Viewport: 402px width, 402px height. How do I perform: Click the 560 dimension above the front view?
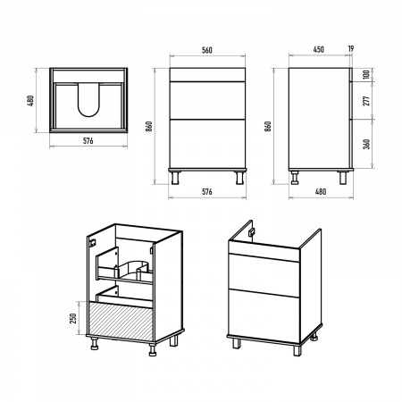(x=207, y=50)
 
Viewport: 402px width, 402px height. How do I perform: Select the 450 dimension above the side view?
(x=318, y=49)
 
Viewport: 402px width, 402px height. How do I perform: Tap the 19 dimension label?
(x=351, y=48)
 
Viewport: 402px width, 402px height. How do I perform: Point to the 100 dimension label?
(x=366, y=74)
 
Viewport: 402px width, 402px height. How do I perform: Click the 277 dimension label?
(x=366, y=101)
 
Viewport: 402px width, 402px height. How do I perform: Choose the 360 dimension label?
(x=366, y=144)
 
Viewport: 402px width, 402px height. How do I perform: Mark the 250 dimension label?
(x=73, y=318)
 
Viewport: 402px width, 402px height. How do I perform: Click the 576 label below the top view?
(x=88, y=141)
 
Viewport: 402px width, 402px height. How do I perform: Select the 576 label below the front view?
(x=207, y=192)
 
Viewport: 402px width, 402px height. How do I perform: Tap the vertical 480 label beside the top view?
(x=30, y=101)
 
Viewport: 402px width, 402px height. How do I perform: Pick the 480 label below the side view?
(x=321, y=192)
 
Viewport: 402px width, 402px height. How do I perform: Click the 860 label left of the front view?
(x=149, y=126)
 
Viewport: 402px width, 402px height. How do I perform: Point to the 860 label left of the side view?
(x=268, y=126)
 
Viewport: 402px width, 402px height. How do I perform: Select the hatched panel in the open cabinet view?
(x=121, y=321)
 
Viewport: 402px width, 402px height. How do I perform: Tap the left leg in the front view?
(x=175, y=178)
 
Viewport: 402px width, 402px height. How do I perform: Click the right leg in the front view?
(x=239, y=178)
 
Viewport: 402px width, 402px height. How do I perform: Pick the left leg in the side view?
(x=295, y=178)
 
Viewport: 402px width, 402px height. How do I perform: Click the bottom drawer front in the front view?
(x=207, y=144)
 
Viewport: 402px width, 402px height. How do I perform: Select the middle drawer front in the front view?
(x=207, y=100)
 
